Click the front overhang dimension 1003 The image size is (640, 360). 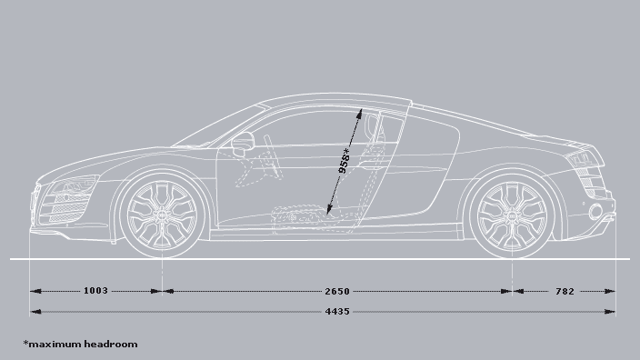[95, 291]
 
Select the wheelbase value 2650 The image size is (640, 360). [336, 291]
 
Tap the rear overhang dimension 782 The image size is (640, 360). [565, 291]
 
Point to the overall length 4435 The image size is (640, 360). [336, 311]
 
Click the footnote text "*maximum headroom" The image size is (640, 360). [81, 344]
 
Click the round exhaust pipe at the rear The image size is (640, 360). [595, 212]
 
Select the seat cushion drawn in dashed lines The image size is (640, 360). [300, 216]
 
